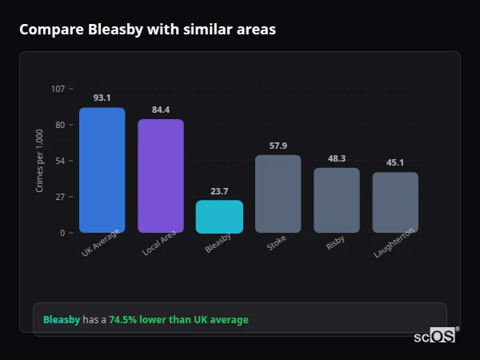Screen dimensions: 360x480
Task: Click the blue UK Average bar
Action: coord(102,170)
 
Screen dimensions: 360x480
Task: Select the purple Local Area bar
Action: coord(160,176)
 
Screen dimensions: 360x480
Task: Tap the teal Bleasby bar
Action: coord(219,217)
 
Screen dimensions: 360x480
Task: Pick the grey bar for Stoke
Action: coord(278,194)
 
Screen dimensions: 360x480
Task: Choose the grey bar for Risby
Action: coord(337,200)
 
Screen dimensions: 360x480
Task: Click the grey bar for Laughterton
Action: coord(395,202)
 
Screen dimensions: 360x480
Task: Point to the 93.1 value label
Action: coord(102,98)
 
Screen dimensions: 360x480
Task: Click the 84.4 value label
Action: coord(160,110)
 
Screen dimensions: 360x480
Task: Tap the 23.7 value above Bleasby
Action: coord(219,191)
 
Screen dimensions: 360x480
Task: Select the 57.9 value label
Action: coord(278,146)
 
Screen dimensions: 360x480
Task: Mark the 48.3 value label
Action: coord(337,158)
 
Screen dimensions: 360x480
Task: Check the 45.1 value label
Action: coord(395,162)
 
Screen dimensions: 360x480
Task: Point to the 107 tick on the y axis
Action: coord(58,89)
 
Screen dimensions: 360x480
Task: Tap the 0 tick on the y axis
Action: coord(62,233)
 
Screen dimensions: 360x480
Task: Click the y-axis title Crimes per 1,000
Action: coord(40,161)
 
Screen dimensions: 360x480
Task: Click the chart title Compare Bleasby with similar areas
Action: coord(147,30)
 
